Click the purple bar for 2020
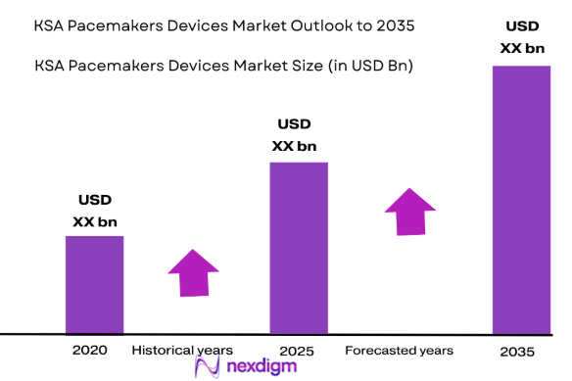click(94, 284)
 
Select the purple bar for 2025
click(299, 248)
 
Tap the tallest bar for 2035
click(520, 200)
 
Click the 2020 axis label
click(90, 350)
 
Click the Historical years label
click(182, 350)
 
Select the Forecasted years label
click(399, 350)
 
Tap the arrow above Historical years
click(194, 272)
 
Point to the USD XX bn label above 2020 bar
click(94, 212)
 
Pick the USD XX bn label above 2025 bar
click(294, 135)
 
